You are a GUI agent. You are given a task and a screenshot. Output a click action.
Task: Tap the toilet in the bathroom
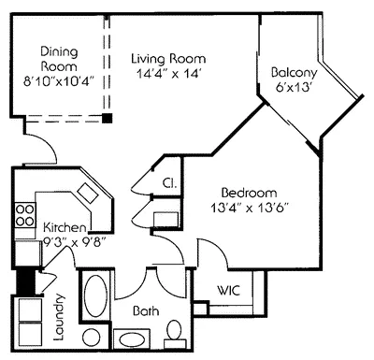(173, 330)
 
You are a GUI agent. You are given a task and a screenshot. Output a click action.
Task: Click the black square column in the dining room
(108, 119)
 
